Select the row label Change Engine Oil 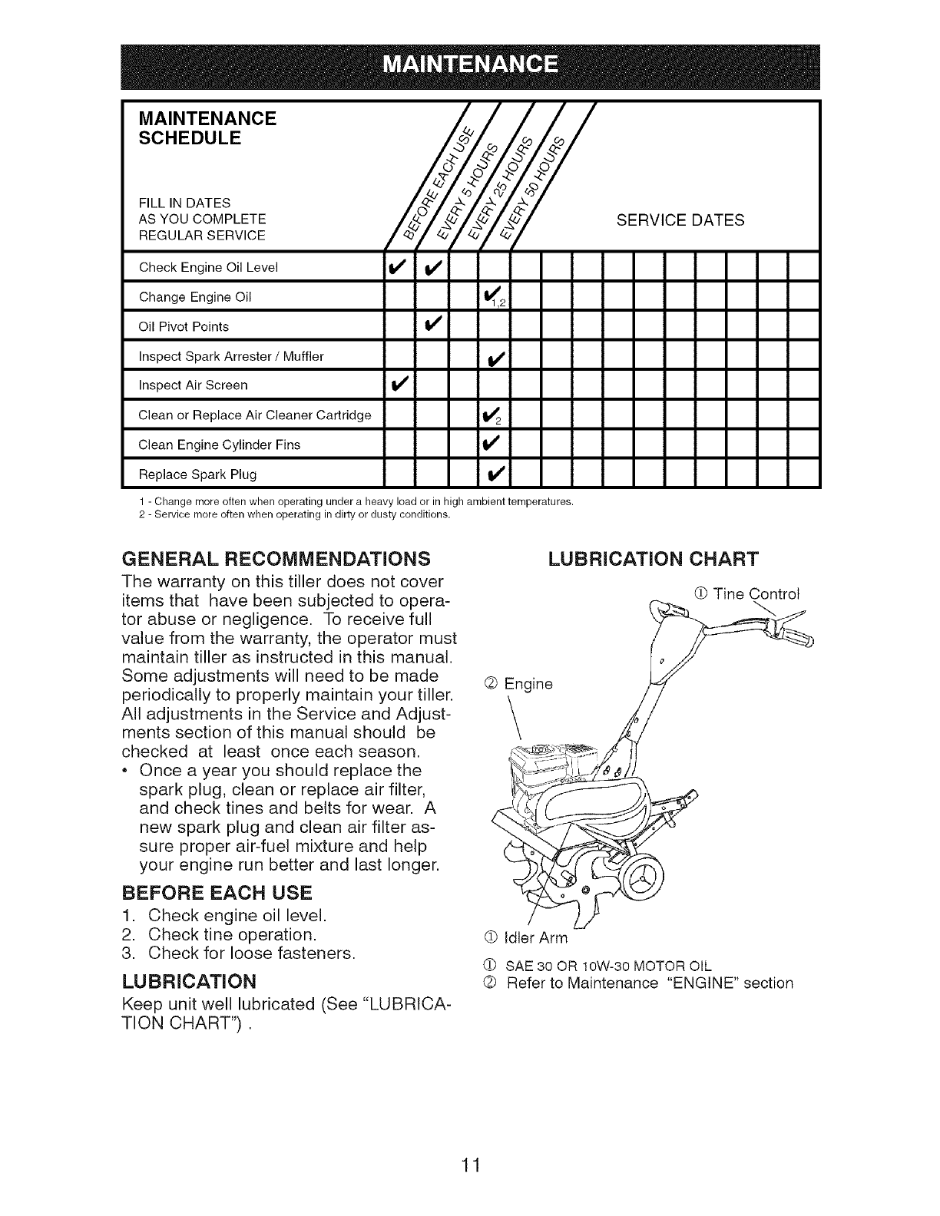(195, 297)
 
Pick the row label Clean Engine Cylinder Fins (219, 444)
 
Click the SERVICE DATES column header (680, 221)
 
